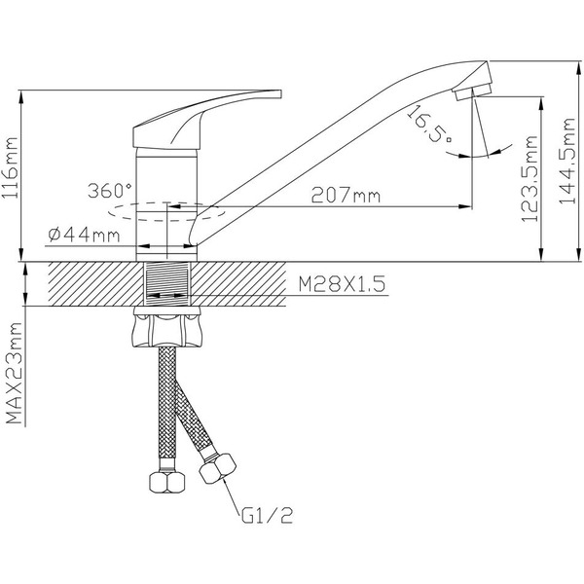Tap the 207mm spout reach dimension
coord(346,196)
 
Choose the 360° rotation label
coord(107,190)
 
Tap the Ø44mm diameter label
coord(84,235)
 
